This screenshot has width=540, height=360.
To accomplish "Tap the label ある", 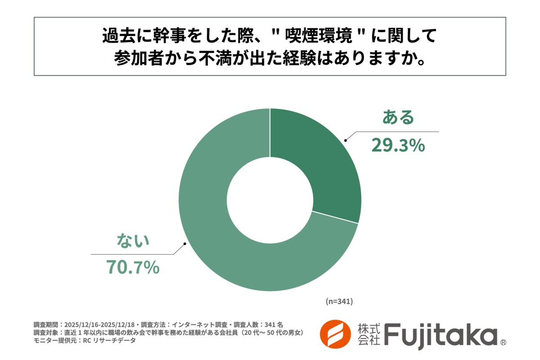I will (398, 117).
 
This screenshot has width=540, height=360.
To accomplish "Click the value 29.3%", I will (398, 145).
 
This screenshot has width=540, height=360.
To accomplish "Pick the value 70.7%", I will (133, 267).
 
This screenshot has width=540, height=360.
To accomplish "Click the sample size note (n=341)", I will (339, 301).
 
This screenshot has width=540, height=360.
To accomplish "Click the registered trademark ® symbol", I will (503, 342).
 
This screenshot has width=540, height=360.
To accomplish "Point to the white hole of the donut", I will (270, 200).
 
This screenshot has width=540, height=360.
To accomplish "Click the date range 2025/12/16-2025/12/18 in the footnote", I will (100, 324).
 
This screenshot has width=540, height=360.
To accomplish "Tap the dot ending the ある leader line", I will (346, 141).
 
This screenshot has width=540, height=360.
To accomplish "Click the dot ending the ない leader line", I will (184, 245).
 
